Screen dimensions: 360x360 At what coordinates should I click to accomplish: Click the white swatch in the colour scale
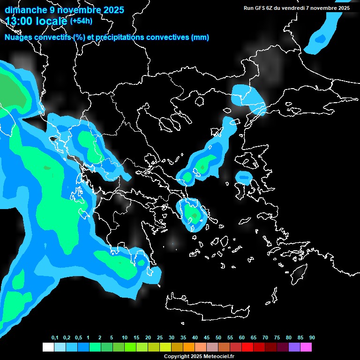point(48,347)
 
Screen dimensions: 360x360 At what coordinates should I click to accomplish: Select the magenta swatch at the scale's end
point(306,347)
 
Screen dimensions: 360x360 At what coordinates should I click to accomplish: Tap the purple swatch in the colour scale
point(294,347)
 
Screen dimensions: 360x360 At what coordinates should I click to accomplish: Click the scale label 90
point(312,337)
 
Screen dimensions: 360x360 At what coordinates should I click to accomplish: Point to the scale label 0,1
point(55,337)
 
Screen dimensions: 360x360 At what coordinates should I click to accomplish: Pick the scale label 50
point(218,337)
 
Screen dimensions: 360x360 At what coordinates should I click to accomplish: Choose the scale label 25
point(159,337)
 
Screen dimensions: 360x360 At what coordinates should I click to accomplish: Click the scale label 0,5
point(78,337)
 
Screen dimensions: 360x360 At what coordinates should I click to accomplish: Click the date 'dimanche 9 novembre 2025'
point(64,10)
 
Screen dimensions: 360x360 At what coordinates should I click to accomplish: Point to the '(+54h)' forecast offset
point(81,21)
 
